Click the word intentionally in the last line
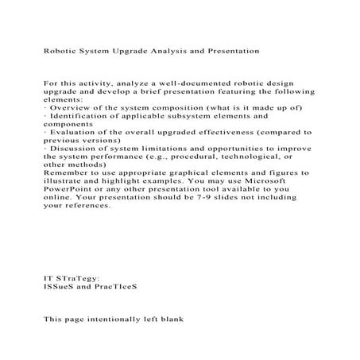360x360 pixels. [x=111, y=321]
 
